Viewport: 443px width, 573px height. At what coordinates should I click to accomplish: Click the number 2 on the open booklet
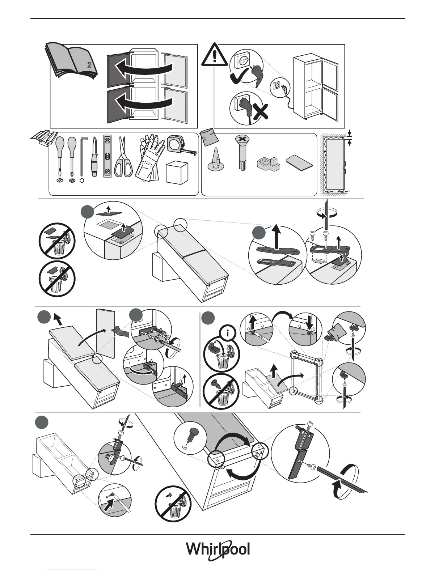[x=89, y=65]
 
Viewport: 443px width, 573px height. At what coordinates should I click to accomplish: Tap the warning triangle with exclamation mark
[x=214, y=55]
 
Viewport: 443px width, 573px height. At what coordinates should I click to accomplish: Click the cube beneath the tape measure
[x=177, y=173]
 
